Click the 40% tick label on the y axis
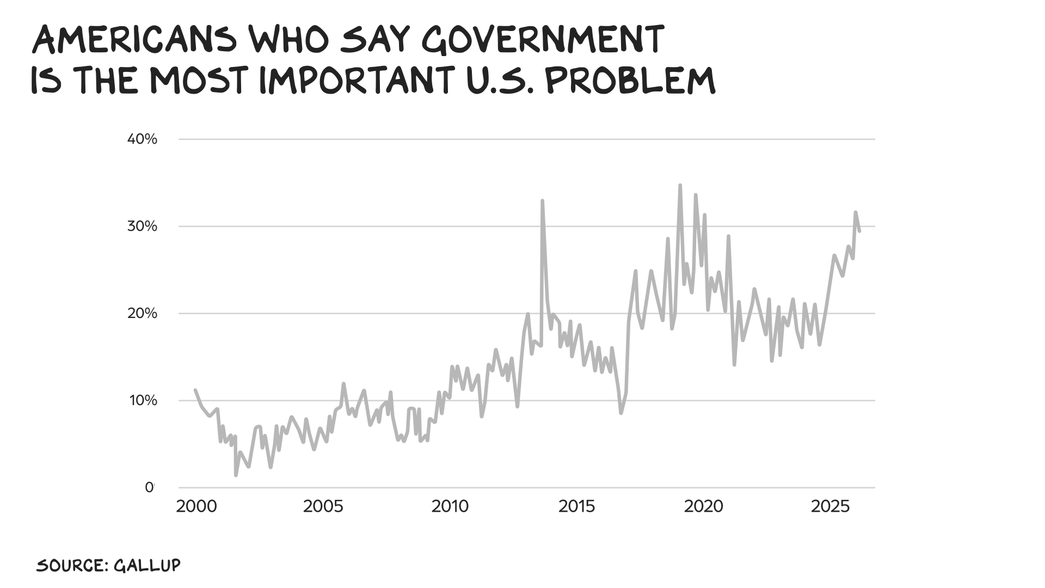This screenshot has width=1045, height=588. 142,139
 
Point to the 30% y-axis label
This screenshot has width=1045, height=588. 142,226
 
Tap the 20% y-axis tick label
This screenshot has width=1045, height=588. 142,314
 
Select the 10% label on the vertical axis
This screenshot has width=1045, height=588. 143,401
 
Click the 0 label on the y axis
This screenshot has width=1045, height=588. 149,488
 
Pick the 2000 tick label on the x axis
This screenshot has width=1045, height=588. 196,507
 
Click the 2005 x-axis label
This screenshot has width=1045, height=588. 323,507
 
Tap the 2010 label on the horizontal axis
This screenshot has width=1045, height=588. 450,507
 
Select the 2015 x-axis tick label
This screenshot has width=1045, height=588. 577,507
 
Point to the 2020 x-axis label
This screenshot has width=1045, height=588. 704,507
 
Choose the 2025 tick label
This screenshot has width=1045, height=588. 831,507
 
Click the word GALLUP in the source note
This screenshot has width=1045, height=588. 147,565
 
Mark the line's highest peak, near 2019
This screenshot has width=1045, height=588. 680,185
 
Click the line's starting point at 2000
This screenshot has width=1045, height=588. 195,390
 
